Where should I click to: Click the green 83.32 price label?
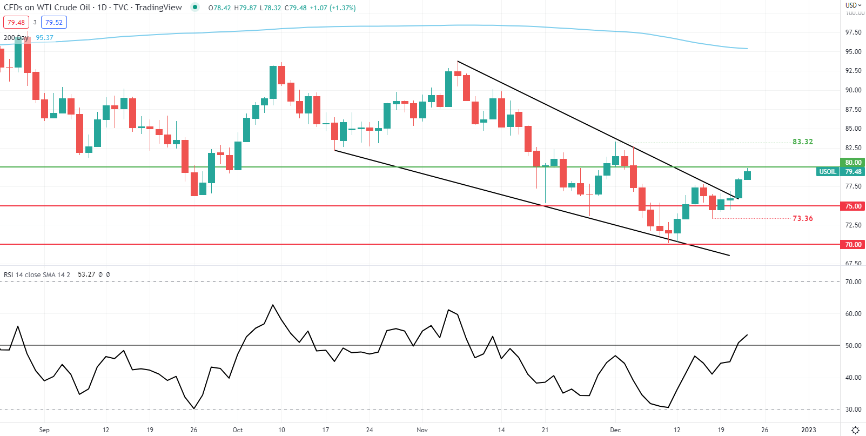pyautogui.click(x=802, y=142)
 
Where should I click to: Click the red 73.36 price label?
pyautogui.click(x=802, y=219)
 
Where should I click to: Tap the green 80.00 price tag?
pyautogui.click(x=853, y=163)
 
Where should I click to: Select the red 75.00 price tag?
pyautogui.click(x=853, y=206)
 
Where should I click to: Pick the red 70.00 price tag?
pyautogui.click(x=853, y=245)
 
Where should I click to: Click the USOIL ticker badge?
pyautogui.click(x=827, y=172)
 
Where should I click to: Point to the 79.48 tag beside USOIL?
pyautogui.click(x=853, y=172)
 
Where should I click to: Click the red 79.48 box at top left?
pyautogui.click(x=16, y=23)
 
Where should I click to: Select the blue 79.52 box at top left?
pyautogui.click(x=54, y=23)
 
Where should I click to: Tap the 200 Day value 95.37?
pyautogui.click(x=45, y=38)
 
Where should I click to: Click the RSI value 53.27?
pyautogui.click(x=86, y=274)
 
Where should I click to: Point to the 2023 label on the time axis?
pyautogui.click(x=808, y=430)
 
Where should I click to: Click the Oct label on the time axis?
pyautogui.click(x=238, y=430)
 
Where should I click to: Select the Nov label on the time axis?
pyautogui.click(x=422, y=430)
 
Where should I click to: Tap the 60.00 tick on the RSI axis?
pyautogui.click(x=853, y=314)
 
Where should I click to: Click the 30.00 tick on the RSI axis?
pyautogui.click(x=853, y=410)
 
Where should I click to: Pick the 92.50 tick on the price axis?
pyautogui.click(x=853, y=71)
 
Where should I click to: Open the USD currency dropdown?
pyautogui.click(x=853, y=5)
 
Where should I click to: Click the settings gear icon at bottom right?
pyautogui.click(x=855, y=430)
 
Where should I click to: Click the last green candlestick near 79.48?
pyautogui.click(x=748, y=175)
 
